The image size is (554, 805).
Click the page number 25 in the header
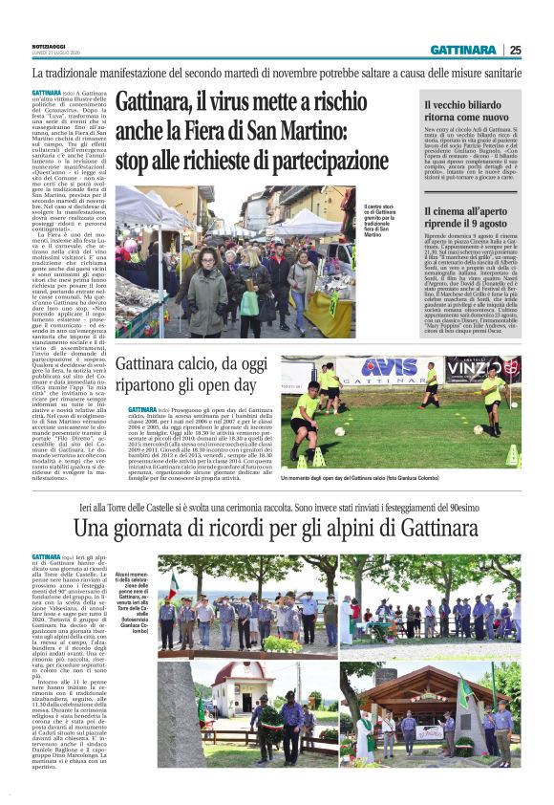pos(515,49)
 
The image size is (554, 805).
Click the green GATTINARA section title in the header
pos(463,49)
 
